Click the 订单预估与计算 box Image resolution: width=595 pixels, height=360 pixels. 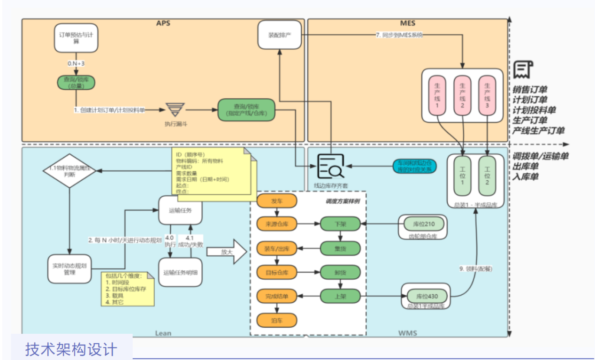76,37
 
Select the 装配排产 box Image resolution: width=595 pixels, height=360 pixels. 279,35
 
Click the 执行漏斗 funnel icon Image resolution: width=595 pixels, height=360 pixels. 175,110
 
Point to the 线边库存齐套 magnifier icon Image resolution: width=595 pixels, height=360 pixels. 331,167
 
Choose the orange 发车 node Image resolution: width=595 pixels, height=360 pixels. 277,201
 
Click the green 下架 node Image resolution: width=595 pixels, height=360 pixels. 340,224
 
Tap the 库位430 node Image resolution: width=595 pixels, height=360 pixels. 426,297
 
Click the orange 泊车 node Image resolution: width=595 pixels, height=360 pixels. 277,321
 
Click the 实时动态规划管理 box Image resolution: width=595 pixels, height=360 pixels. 69,269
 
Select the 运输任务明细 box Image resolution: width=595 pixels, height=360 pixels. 181,272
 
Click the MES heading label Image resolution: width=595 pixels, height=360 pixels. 408,23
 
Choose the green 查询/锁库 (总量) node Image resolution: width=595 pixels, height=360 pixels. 76,83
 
